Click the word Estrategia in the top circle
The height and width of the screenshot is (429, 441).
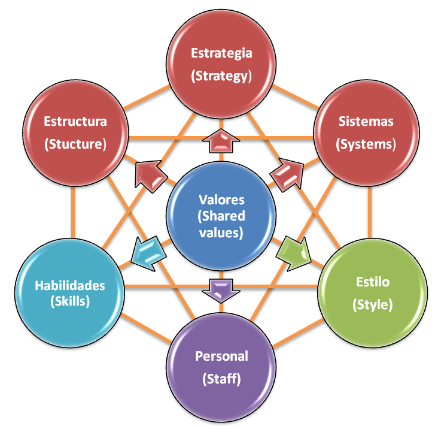[x=221, y=53]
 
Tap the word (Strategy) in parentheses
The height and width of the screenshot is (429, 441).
[x=221, y=76]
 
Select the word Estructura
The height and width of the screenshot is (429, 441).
[x=75, y=122]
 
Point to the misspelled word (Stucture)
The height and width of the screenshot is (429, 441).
[x=75, y=144]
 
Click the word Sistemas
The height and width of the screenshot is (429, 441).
[x=366, y=122]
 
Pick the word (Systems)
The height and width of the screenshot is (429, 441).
[x=366, y=144]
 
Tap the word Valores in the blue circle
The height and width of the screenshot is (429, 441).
[x=221, y=200]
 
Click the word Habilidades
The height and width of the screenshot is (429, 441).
[x=70, y=285]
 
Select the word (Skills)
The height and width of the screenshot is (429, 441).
[x=70, y=301]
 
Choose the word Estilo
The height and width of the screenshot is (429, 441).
[x=373, y=282]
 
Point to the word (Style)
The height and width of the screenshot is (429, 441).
[x=373, y=305]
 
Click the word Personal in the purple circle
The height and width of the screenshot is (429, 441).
[x=221, y=357]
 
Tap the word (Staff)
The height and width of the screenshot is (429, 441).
[x=221, y=379]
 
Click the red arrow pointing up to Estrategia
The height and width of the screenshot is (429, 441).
[x=221, y=141]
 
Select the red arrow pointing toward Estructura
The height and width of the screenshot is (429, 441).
[x=150, y=176]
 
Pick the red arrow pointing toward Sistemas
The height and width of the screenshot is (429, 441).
[x=288, y=174]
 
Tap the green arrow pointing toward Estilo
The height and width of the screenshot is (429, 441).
[x=293, y=254]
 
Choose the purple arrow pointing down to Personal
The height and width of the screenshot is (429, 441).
[x=221, y=291]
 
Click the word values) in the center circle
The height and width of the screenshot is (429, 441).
[x=221, y=233]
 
